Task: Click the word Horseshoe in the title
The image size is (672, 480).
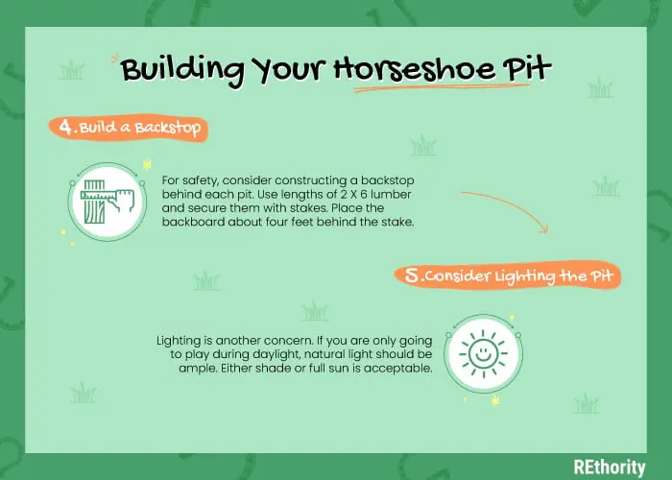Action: (414, 69)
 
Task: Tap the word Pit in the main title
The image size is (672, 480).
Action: (527, 67)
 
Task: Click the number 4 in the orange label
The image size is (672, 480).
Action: (66, 127)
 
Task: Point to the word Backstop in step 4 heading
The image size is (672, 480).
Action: (168, 128)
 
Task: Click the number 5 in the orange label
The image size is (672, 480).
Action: (412, 276)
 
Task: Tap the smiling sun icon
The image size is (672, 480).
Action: (484, 354)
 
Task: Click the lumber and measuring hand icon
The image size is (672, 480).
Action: (108, 202)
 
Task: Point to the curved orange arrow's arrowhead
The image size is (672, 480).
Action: (544, 229)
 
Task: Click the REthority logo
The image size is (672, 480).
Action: (610, 468)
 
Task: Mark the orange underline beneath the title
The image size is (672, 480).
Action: (442, 88)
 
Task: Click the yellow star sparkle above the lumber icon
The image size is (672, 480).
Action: (147, 164)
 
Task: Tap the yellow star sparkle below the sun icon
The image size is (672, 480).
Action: (495, 401)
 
